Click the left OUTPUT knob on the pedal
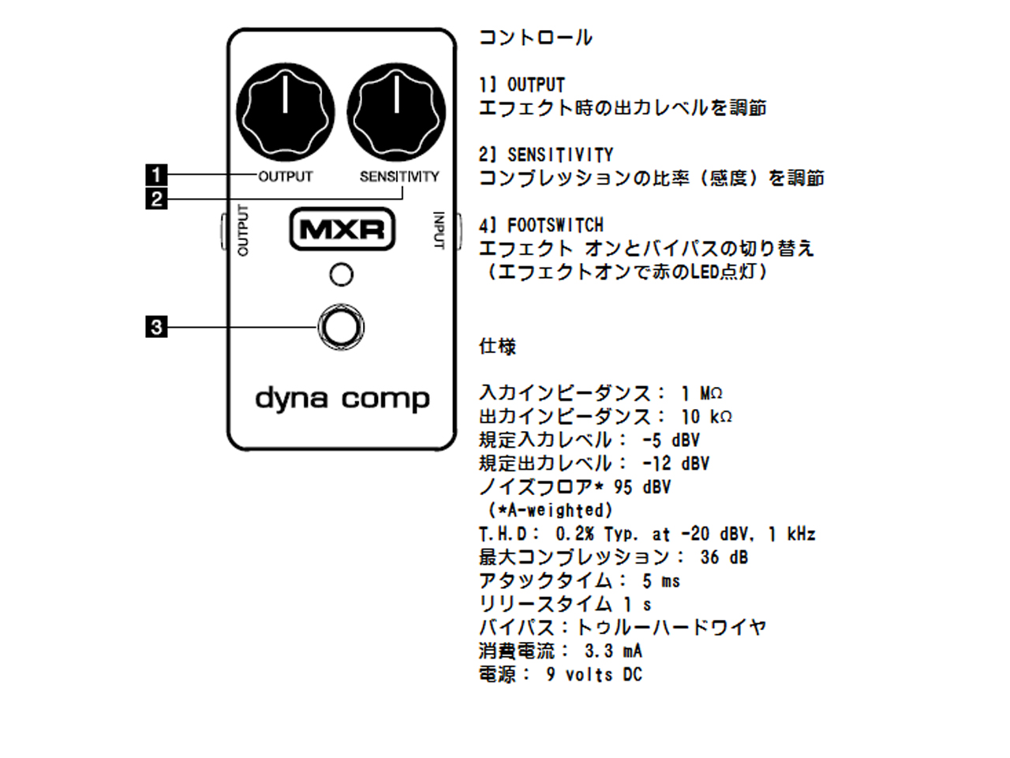tap(285, 111)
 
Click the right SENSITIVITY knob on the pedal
tap(396, 111)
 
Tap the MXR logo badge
tap(342, 230)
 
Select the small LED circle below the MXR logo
tap(341, 275)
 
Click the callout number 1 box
tap(156, 174)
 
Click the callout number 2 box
tap(156, 198)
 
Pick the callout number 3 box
tap(156, 326)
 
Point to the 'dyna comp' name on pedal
tap(342, 399)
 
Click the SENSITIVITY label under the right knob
tap(398, 177)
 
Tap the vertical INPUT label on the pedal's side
tap(439, 231)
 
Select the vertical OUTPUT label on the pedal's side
tap(243, 231)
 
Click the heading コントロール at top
tap(535, 37)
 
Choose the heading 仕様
tap(497, 346)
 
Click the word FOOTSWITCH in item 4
tap(555, 225)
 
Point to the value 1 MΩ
tap(701, 393)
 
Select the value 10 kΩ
tap(706, 416)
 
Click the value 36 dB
tap(724, 557)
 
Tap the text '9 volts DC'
tap(594, 675)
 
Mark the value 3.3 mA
tap(613, 651)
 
